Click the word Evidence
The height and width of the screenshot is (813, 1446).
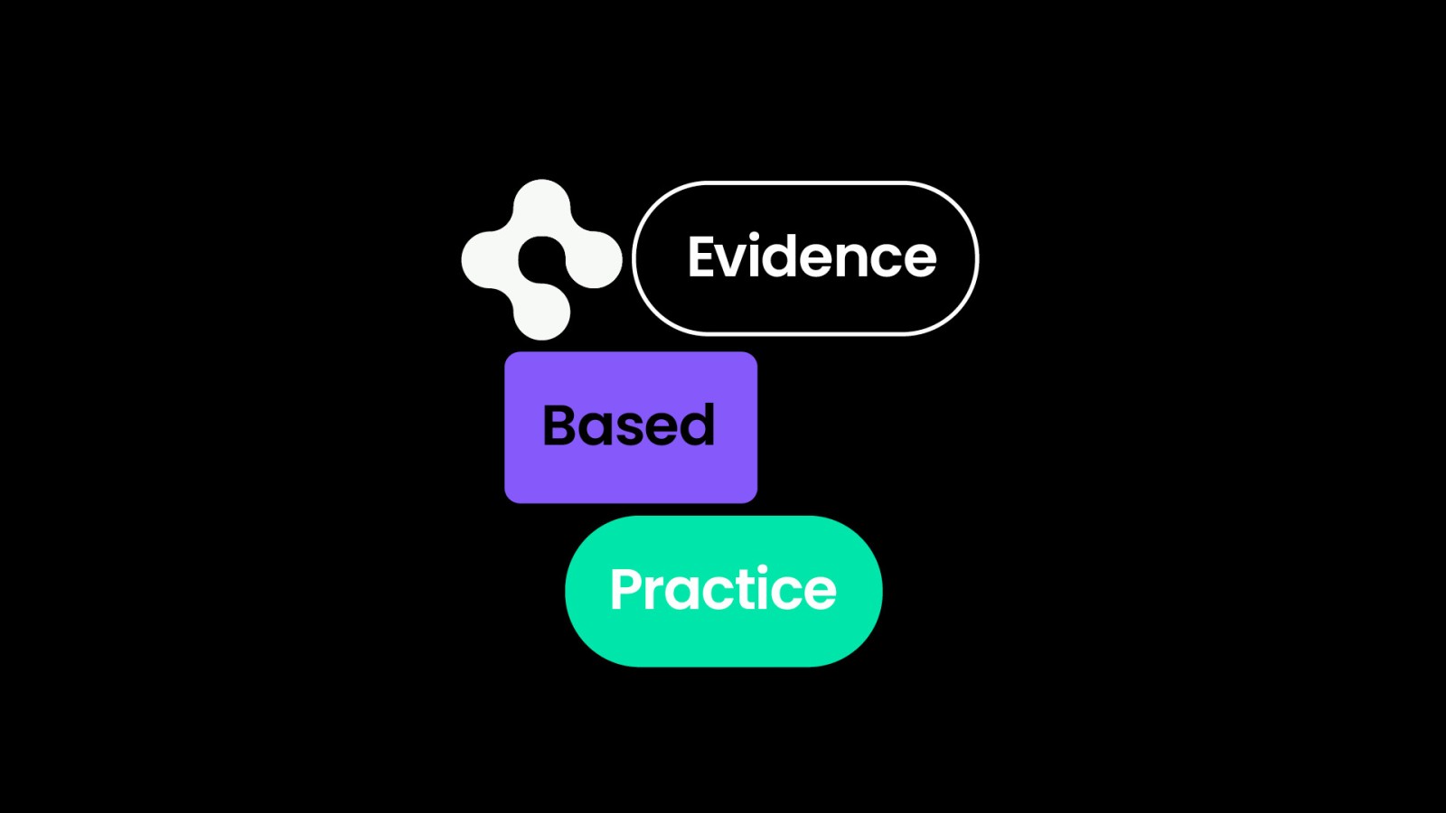812,257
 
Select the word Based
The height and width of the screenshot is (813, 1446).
629,425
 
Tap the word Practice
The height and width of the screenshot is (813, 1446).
723,589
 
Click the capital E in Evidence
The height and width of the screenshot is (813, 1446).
703,257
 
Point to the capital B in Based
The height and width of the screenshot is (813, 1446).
560,425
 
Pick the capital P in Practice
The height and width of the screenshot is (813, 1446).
627,589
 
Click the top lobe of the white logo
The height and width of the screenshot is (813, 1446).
541,207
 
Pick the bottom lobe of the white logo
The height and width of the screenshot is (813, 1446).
541,313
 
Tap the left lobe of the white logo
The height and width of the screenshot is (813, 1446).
489,260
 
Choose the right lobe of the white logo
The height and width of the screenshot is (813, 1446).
594,260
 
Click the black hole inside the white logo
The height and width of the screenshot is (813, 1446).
541,260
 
